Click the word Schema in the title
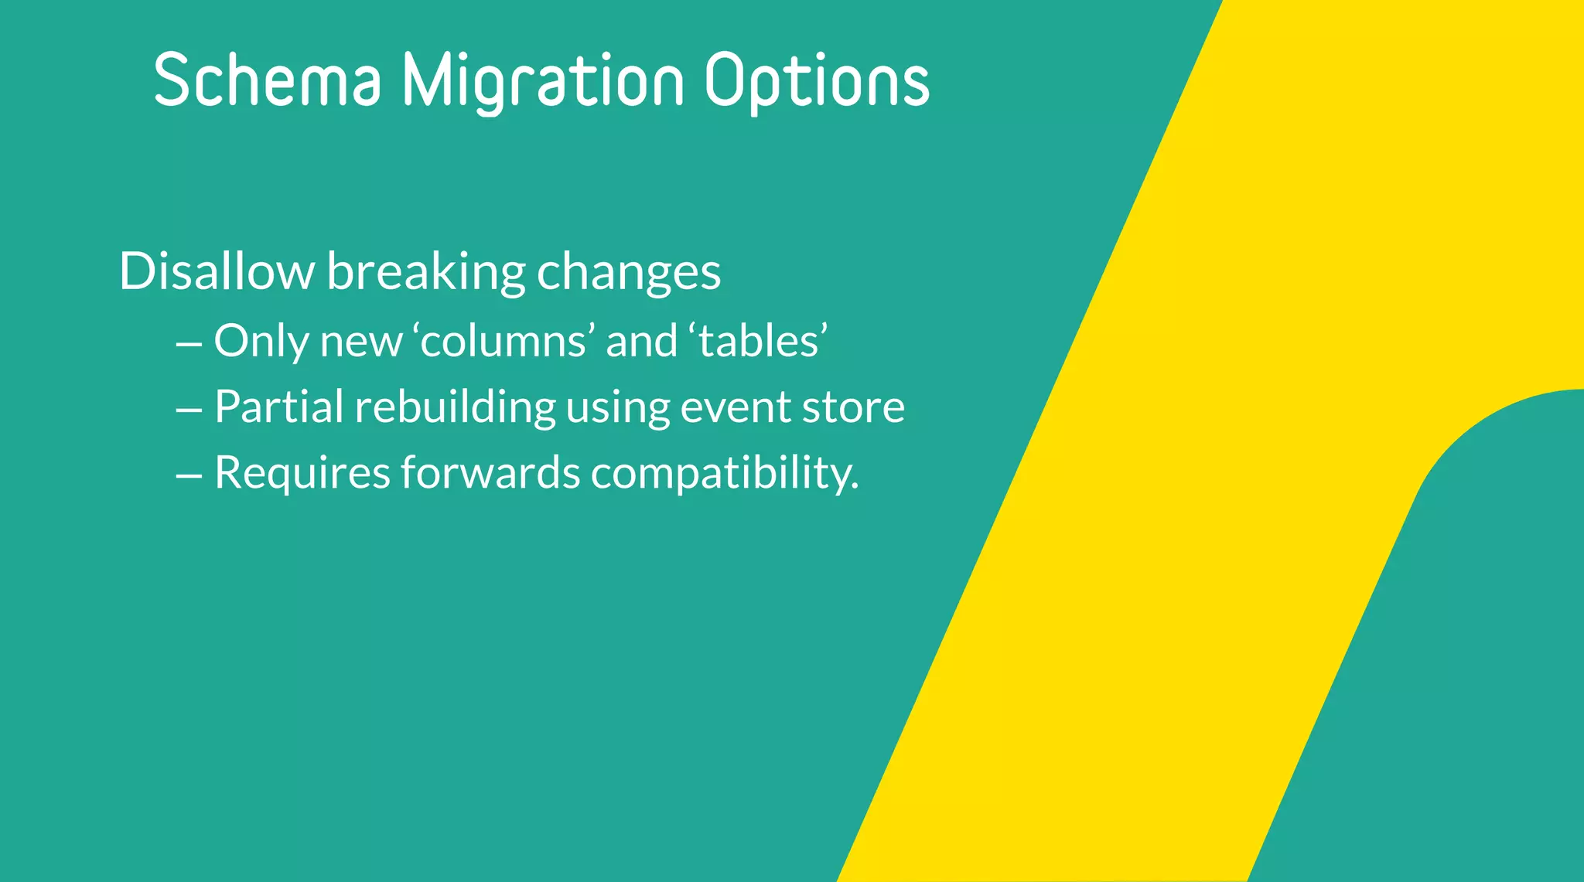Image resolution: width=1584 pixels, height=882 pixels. (268, 80)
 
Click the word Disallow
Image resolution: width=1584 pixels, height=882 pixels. (217, 271)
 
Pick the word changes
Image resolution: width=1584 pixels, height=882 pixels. (629, 273)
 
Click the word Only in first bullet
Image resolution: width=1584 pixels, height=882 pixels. (261, 342)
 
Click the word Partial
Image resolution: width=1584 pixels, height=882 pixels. (278, 407)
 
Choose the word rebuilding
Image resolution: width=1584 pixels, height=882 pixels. (455, 407)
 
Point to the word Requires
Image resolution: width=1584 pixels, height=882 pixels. (302, 473)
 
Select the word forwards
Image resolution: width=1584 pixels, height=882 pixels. (490, 473)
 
